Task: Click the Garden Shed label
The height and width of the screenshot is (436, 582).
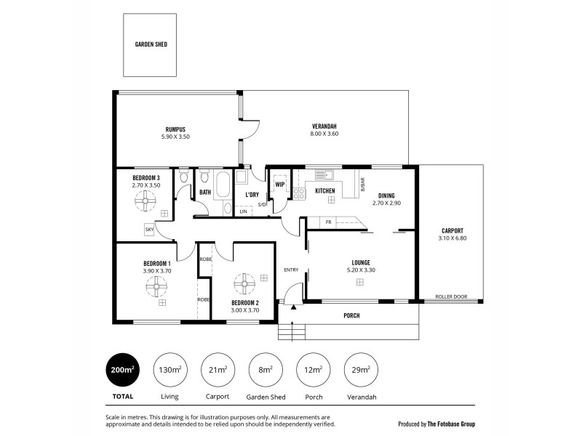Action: [x=151, y=44]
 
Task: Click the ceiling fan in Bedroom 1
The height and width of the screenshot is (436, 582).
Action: [x=156, y=287]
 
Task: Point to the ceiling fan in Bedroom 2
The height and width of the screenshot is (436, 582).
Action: [x=245, y=282]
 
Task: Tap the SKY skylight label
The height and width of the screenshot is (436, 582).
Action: [x=149, y=229]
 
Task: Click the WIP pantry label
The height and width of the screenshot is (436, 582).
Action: [x=279, y=185]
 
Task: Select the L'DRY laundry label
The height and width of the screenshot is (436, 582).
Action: [x=252, y=195]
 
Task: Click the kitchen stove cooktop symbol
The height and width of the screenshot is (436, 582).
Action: [x=299, y=193]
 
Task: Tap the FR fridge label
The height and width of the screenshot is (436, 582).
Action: [x=329, y=222]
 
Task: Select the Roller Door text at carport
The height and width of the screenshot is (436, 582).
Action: [x=451, y=296]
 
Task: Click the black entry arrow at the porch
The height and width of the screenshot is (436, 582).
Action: [x=293, y=307]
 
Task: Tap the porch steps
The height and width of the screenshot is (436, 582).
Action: [x=291, y=332]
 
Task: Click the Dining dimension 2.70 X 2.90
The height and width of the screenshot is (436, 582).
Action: [x=386, y=203]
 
